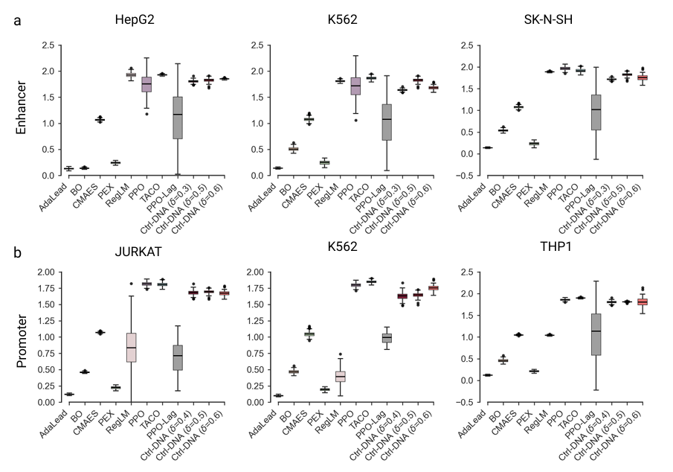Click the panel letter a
coord(18,20)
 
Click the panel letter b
coord(18,252)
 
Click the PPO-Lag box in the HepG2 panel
coord(177,117)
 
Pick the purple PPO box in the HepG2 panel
coord(146,84)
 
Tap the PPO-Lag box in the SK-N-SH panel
coord(595,112)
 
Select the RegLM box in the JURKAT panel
coord(131,347)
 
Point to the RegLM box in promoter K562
coord(340,375)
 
